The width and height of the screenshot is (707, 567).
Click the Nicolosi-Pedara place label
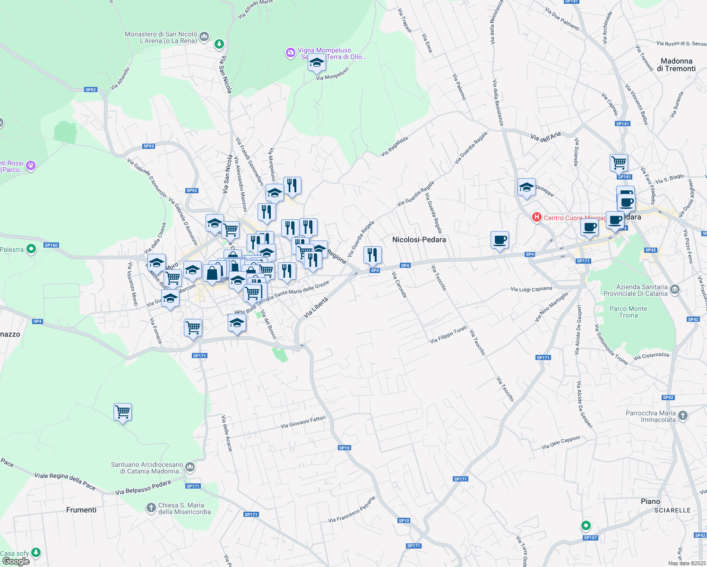tap(419, 240)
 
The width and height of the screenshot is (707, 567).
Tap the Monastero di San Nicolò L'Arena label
tap(161, 38)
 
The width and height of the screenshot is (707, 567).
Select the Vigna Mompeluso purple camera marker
tap(291, 53)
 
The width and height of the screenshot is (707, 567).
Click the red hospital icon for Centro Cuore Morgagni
tap(536, 217)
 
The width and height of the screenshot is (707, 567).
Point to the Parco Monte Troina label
tap(628, 312)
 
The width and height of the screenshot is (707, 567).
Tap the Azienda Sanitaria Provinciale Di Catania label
tap(635, 290)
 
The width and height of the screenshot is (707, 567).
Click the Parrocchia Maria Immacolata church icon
tap(682, 416)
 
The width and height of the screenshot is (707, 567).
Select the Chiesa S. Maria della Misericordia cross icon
tap(151, 508)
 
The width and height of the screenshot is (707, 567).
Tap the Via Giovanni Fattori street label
tap(303, 422)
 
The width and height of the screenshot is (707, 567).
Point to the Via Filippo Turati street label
tap(448, 334)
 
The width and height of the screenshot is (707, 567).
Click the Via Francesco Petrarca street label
tap(352, 509)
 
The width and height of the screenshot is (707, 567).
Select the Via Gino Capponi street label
tap(560, 442)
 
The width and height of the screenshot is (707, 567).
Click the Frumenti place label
tap(81, 510)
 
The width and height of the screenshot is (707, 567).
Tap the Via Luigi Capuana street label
tap(531, 289)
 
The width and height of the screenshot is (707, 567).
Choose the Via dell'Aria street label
tap(545, 137)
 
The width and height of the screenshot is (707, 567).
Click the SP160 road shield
tap(51, 245)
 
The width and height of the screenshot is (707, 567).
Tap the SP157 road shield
tap(590, 538)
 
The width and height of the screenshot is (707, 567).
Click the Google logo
tap(16, 561)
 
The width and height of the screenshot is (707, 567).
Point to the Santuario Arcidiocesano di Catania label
tap(147, 468)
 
